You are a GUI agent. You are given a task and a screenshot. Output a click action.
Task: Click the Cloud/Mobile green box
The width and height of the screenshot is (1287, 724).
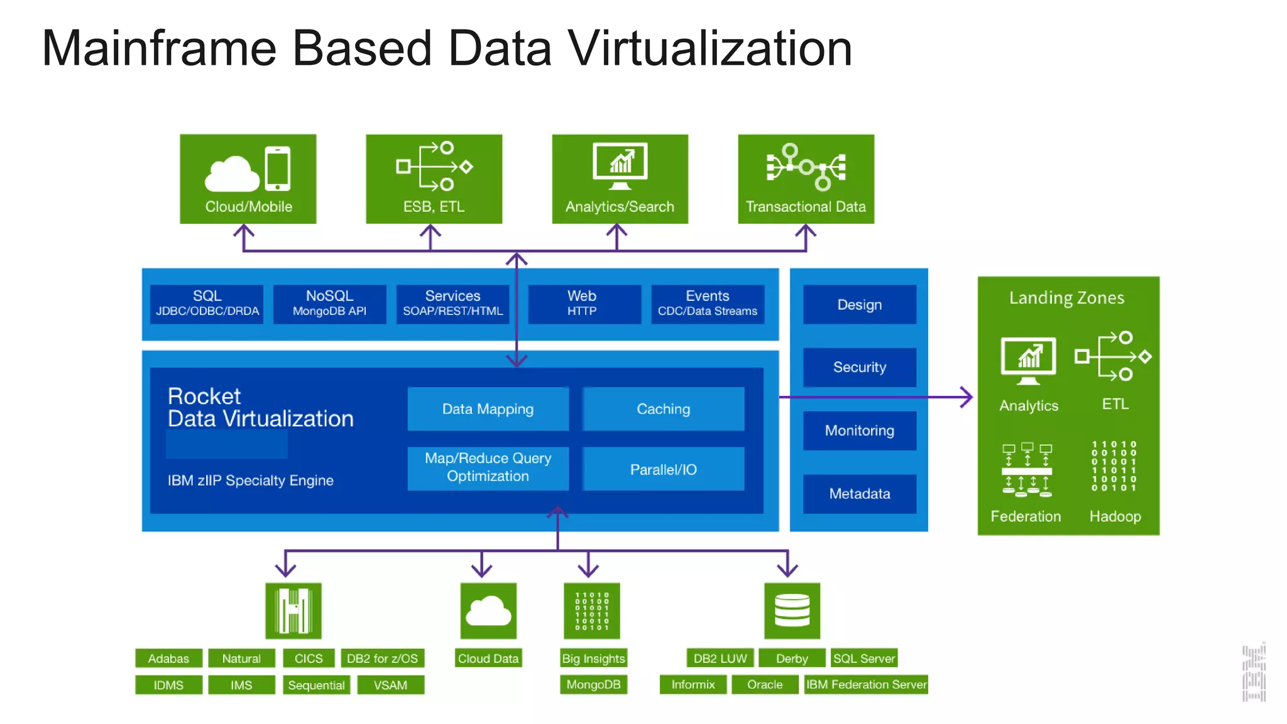(248, 178)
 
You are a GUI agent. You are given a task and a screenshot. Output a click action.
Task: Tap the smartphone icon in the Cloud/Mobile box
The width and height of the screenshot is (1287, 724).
(277, 168)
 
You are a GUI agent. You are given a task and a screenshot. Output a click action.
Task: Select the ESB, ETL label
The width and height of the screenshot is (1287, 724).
(434, 207)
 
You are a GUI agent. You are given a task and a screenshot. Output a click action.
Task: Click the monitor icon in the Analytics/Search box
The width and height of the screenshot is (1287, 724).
(620, 165)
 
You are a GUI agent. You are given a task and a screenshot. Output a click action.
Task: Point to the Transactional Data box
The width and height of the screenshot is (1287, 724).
(806, 178)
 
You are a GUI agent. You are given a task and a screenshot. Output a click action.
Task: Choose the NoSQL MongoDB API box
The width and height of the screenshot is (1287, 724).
(329, 304)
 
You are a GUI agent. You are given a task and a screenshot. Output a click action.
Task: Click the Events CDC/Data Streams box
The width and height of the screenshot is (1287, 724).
(708, 304)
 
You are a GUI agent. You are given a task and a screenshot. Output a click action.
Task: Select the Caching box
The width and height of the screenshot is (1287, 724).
(663, 409)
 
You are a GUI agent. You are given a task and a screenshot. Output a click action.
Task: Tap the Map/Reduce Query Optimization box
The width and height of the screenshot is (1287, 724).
(488, 468)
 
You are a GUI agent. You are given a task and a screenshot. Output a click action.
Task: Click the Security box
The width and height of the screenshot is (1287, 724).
(859, 367)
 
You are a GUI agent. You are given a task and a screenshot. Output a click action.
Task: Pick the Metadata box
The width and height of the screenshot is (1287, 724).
(859, 494)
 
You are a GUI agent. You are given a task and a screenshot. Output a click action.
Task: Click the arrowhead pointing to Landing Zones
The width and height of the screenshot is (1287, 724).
(968, 397)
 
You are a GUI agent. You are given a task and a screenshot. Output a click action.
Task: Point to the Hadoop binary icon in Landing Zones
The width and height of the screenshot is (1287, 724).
(1114, 466)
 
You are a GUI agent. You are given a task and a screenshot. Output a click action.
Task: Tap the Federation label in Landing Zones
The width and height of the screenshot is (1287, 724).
(1026, 517)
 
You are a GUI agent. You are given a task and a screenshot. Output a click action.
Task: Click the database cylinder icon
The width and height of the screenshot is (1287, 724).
(792, 610)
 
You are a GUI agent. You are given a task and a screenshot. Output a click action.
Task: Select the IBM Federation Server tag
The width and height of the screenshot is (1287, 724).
(866, 684)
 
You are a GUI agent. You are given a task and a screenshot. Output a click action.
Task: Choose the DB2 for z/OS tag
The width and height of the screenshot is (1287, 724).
(382, 659)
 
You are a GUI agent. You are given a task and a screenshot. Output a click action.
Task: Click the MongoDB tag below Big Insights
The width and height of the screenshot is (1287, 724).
(593, 684)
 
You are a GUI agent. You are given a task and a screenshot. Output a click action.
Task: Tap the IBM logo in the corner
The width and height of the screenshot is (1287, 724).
(1253, 673)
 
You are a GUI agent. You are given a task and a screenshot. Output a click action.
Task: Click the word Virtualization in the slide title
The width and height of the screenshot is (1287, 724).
(709, 48)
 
